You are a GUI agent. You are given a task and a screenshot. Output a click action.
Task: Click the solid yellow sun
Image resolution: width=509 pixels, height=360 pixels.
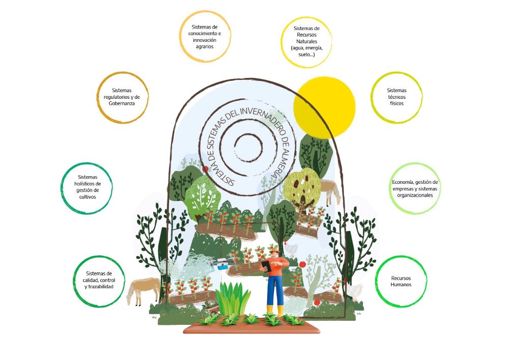324,107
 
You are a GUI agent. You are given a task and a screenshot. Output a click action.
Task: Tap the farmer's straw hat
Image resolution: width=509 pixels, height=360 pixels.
274,250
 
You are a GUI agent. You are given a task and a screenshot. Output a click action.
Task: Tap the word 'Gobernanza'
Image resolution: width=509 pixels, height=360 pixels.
122,103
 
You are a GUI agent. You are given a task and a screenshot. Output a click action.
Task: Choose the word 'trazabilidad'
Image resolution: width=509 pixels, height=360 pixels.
99,287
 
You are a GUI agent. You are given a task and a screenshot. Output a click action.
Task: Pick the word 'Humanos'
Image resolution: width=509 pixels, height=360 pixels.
401,285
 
